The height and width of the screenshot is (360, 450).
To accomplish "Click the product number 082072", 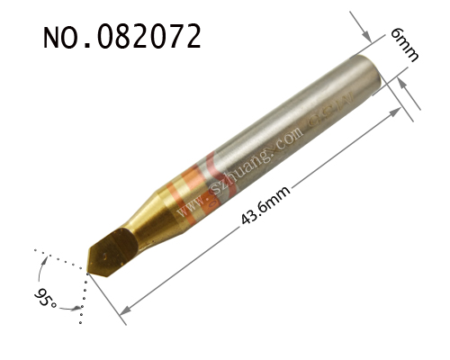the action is [149, 36].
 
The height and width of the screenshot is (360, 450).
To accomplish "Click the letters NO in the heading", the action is [60, 38].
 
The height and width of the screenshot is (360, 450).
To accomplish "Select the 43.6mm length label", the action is [265, 204].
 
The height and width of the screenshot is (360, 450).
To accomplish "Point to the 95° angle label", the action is [45, 298].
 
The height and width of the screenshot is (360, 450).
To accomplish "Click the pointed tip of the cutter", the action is [88, 273].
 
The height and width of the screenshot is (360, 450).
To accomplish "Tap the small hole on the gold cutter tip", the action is [105, 256].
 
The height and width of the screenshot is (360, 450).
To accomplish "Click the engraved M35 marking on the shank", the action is [332, 110].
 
